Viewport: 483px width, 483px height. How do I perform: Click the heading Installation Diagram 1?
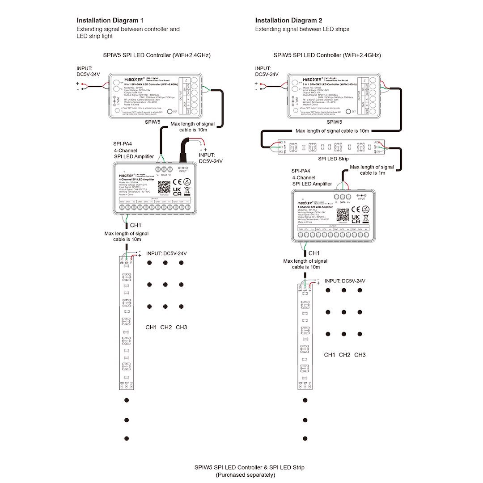tap(110, 20)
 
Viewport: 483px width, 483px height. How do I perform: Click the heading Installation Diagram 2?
tap(288, 20)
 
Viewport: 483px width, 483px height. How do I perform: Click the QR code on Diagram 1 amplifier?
tap(164, 187)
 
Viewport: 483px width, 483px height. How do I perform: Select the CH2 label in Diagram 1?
tap(166, 328)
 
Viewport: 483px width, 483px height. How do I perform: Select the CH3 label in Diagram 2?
tap(360, 355)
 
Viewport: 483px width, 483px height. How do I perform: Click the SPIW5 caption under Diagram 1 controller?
tap(153, 122)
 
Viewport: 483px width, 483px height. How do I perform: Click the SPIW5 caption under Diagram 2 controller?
tap(334, 122)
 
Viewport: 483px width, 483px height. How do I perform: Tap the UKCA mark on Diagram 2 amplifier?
tap(356, 218)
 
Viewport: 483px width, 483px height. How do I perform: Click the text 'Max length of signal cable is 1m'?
tap(372, 170)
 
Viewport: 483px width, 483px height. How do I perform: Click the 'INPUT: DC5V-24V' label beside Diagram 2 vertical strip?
tap(345, 281)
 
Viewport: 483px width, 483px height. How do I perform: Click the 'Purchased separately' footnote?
tap(245, 475)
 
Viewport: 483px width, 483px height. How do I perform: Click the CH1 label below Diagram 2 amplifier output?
tap(314, 253)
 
